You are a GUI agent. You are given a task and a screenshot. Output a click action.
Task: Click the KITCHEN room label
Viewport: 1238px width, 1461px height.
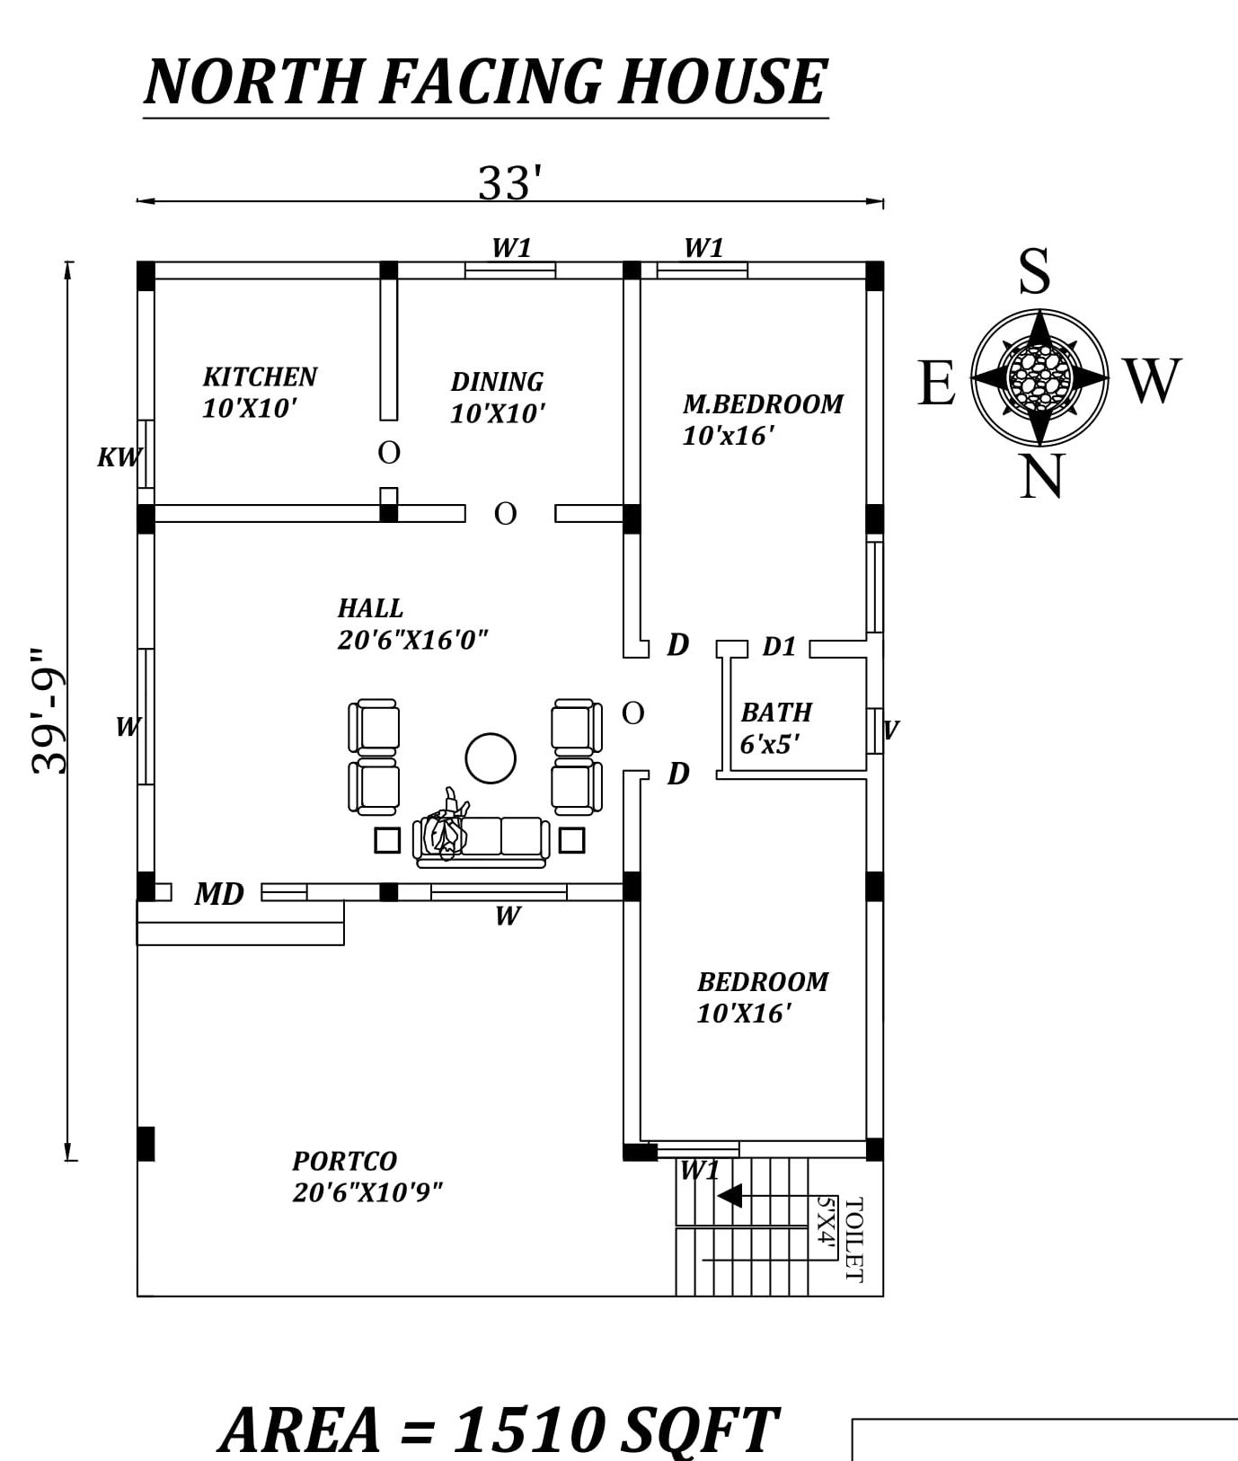pyautogui.click(x=260, y=376)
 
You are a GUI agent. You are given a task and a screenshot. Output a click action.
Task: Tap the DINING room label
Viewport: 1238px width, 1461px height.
pyautogui.click(x=497, y=382)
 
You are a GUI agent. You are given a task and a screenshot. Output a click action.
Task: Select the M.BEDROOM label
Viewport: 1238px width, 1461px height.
pyautogui.click(x=763, y=404)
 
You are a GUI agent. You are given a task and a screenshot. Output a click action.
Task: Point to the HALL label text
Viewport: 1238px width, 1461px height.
pyautogui.click(x=370, y=608)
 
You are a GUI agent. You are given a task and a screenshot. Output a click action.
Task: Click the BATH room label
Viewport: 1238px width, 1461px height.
pyautogui.click(x=776, y=713)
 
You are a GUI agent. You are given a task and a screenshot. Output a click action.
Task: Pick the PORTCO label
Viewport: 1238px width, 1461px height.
pyautogui.click(x=344, y=1161)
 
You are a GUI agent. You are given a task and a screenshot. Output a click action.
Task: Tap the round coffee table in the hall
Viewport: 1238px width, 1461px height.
pyautogui.click(x=491, y=757)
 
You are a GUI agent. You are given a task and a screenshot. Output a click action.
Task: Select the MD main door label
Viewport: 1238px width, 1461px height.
pyautogui.click(x=219, y=894)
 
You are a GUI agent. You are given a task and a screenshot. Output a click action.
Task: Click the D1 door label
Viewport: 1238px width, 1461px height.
pyautogui.click(x=779, y=647)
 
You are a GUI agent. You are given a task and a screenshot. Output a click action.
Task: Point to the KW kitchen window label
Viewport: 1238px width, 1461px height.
pyautogui.click(x=119, y=457)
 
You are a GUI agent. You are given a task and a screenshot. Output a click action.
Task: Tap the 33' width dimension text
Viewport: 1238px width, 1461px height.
pyautogui.click(x=509, y=183)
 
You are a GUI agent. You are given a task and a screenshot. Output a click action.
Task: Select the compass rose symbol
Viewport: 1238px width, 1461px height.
pyautogui.click(x=1039, y=377)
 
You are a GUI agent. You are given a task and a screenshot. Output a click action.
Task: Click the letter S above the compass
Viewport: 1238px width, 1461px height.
pyautogui.click(x=1034, y=270)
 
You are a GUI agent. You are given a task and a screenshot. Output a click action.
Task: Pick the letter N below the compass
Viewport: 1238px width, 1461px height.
pyautogui.click(x=1041, y=475)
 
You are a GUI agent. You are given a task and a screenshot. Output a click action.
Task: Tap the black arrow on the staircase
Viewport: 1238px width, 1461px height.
pyautogui.click(x=730, y=1196)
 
